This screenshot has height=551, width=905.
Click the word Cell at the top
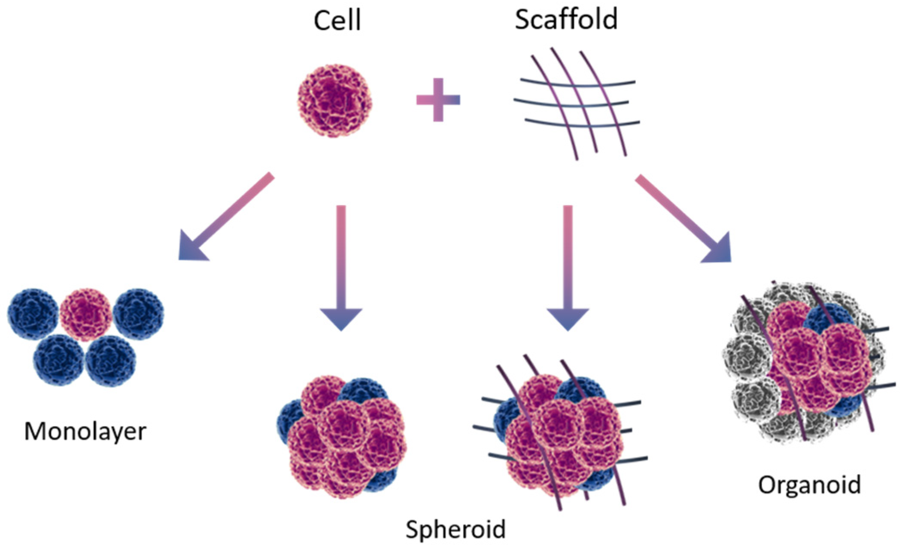coord(337,21)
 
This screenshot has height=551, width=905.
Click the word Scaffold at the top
coord(566,20)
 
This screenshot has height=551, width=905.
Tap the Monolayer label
coord(85,431)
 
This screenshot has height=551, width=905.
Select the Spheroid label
coord(456,529)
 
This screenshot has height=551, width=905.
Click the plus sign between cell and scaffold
coord(438,100)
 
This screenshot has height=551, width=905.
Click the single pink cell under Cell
coord(335,101)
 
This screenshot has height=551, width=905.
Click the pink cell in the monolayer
coord(86,314)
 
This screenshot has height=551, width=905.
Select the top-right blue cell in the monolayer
coord(138,314)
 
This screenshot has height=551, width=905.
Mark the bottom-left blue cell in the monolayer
coord(59,360)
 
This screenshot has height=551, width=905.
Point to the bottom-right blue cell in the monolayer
coord(111,360)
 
